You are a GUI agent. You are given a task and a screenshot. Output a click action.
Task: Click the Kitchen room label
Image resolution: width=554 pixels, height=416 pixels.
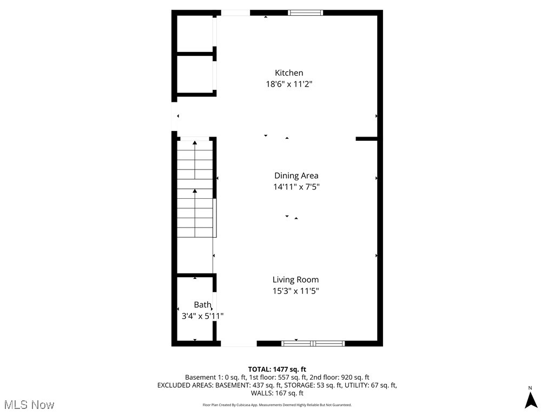click(x=289, y=73)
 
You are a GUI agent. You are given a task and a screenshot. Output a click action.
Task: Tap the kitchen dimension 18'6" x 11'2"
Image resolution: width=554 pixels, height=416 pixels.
click(x=289, y=84)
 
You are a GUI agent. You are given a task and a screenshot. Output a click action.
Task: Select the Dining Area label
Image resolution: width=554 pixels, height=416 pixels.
click(x=296, y=175)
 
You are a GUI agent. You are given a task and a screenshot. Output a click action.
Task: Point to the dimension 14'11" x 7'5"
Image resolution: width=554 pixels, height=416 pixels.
click(x=296, y=187)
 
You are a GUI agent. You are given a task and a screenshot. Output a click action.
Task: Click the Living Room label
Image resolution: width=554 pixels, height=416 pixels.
click(x=295, y=279)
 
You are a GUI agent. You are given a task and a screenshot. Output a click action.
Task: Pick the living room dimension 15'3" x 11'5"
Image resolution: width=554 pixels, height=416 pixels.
click(x=295, y=291)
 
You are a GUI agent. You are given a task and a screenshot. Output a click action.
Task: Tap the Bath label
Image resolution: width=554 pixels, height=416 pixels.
click(x=202, y=304)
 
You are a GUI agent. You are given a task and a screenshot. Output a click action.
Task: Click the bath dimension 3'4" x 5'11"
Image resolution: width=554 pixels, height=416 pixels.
click(x=202, y=316)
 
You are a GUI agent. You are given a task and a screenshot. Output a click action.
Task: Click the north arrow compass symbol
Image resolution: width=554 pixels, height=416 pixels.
click(x=531, y=400)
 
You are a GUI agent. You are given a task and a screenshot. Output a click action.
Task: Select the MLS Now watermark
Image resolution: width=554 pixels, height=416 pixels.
click(x=29, y=405)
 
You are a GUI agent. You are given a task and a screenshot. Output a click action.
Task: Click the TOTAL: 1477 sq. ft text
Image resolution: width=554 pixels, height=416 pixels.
click(x=277, y=369)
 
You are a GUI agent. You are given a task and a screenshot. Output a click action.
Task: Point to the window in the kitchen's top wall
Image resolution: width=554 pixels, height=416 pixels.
click(x=305, y=12)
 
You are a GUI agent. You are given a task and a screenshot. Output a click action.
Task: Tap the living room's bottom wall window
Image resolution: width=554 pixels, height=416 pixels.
click(x=313, y=343)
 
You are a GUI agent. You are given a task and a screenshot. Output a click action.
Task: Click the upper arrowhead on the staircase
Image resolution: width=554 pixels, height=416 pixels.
click(x=195, y=142)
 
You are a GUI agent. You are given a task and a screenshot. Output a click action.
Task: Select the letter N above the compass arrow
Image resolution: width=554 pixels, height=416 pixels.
click(x=531, y=388)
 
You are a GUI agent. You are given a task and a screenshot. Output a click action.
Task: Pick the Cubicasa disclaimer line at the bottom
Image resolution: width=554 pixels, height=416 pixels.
click(x=277, y=405)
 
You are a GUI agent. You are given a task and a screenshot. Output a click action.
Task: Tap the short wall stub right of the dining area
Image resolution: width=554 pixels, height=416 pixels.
click(x=366, y=139)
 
